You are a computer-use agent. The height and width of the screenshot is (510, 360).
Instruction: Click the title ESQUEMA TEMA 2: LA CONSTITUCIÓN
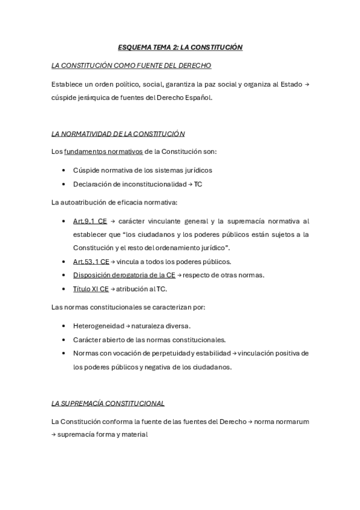pos(180,46)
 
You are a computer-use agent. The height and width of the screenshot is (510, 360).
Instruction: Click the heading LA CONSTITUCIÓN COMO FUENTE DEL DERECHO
pos(131,65)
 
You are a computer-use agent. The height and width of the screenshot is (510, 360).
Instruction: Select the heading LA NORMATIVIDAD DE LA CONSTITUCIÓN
pos(118,134)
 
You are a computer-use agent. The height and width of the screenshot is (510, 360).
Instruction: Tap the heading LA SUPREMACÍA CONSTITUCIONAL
pos(108,403)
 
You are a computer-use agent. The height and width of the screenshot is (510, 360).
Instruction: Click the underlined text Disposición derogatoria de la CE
pos(124,275)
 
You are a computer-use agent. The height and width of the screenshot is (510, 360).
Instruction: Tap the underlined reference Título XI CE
pos(91,289)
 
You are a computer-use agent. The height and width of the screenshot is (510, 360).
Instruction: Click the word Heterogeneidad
pos(99,325)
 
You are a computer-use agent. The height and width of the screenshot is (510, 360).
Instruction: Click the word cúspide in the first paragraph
pos(65,98)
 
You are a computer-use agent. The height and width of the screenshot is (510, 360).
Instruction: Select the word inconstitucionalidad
pos(148,184)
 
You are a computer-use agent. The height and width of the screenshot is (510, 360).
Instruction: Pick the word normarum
pos(293,422)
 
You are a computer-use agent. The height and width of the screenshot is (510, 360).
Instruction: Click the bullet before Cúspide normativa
pos(64,170)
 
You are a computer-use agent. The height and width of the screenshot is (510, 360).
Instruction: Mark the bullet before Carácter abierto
pos(64,339)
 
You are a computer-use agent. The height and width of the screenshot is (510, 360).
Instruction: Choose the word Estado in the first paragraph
pos(292,84)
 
